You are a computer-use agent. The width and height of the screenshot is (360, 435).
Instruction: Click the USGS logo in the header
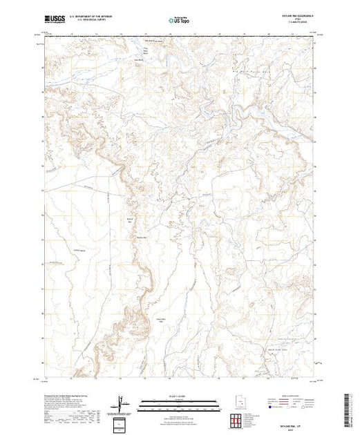click(55, 20)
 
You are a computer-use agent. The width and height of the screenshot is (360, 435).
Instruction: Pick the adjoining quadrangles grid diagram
click(239, 420)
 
